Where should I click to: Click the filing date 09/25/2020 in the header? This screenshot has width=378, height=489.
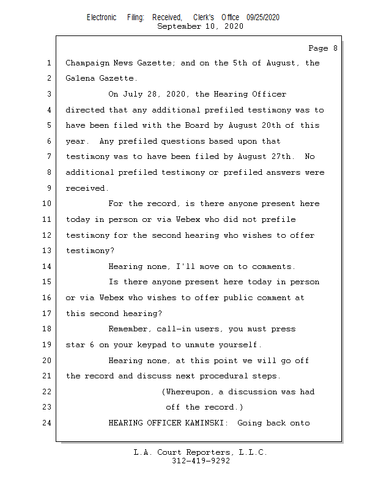coord(263,18)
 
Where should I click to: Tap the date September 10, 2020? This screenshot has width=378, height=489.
coord(200,26)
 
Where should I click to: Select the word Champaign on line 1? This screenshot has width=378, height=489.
coord(87,64)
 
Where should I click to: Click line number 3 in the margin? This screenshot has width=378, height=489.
coord(49,95)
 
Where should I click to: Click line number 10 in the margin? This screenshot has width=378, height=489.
coord(48,204)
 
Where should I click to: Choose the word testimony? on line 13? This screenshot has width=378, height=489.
coord(90,251)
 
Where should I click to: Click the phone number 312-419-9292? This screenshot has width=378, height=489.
coord(201,461)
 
